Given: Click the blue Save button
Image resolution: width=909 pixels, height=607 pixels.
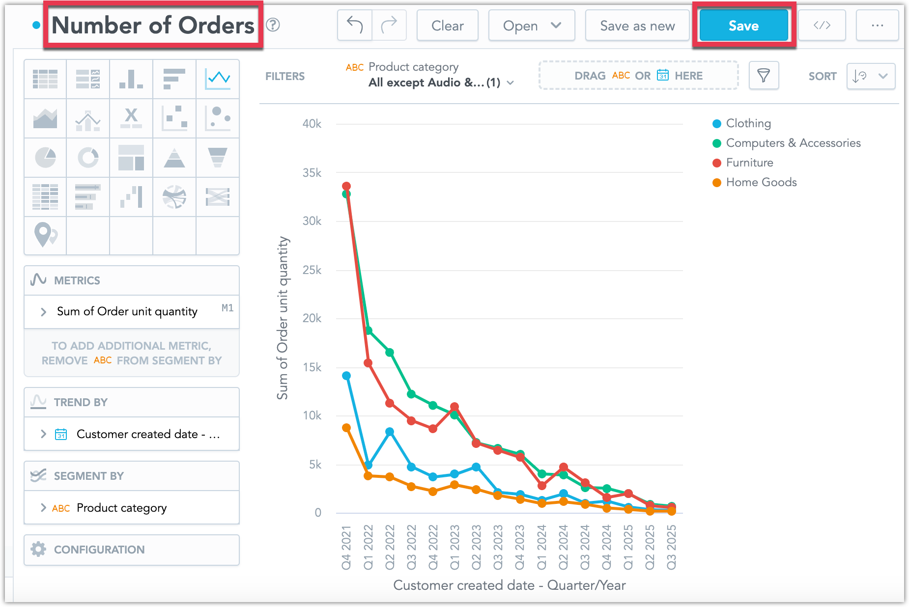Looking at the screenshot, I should [743, 26].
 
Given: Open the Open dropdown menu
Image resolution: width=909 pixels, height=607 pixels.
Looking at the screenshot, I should [531, 26].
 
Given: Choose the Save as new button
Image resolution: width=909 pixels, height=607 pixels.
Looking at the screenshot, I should [637, 26].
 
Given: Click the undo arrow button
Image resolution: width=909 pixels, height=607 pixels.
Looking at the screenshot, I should [355, 25].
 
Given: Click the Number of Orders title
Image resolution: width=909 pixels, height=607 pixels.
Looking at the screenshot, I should [153, 26].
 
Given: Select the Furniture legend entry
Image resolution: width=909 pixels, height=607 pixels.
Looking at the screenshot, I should [749, 163].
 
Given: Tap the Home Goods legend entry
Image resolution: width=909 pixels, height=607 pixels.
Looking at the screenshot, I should [761, 182].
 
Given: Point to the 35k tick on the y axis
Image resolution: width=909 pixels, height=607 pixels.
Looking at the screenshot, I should [312, 173].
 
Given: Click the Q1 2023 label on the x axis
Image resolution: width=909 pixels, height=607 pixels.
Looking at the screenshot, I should [454, 547].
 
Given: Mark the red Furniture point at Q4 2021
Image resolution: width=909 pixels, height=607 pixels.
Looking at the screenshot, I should [346, 186].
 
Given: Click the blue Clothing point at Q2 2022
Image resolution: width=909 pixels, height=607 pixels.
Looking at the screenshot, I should [390, 432].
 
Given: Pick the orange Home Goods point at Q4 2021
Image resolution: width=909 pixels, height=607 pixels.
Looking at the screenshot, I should [346, 428].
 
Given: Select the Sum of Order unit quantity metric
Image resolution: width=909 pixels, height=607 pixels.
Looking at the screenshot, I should [127, 311].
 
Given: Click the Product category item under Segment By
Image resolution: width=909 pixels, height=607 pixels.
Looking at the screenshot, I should [121, 508].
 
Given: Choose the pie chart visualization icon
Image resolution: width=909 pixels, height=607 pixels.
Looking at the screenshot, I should [45, 158].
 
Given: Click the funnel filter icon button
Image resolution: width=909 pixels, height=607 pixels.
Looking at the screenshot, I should [763, 76].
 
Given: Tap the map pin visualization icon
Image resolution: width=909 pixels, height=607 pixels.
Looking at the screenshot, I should [45, 235].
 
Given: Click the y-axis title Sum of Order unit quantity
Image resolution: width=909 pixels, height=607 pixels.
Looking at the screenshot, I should [283, 318].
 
